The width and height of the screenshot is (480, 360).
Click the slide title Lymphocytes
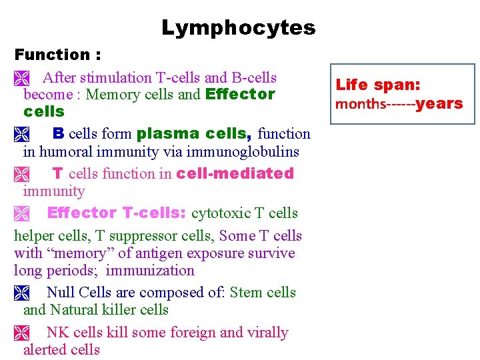pyautogui.click(x=238, y=28)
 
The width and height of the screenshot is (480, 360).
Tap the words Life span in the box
pyautogui.click(x=377, y=85)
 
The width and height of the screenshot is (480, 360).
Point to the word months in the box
pyautogui.click(x=360, y=104)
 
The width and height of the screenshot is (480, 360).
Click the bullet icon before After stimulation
pyautogui.click(x=20, y=77)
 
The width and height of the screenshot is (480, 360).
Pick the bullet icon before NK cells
pyautogui.click(x=20, y=333)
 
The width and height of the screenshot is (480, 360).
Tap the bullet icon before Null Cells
pyautogui.click(x=20, y=293)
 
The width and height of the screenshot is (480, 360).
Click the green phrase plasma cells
pyautogui.click(x=194, y=134)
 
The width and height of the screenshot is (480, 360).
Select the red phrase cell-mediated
pyautogui.click(x=235, y=173)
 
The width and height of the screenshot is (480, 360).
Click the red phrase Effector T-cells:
pyautogui.click(x=117, y=213)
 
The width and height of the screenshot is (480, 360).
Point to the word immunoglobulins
pyautogui.click(x=249, y=151)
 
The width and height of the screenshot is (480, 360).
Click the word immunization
pyautogui.click(x=150, y=271)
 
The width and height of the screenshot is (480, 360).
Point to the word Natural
pyautogui.click(x=77, y=310)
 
